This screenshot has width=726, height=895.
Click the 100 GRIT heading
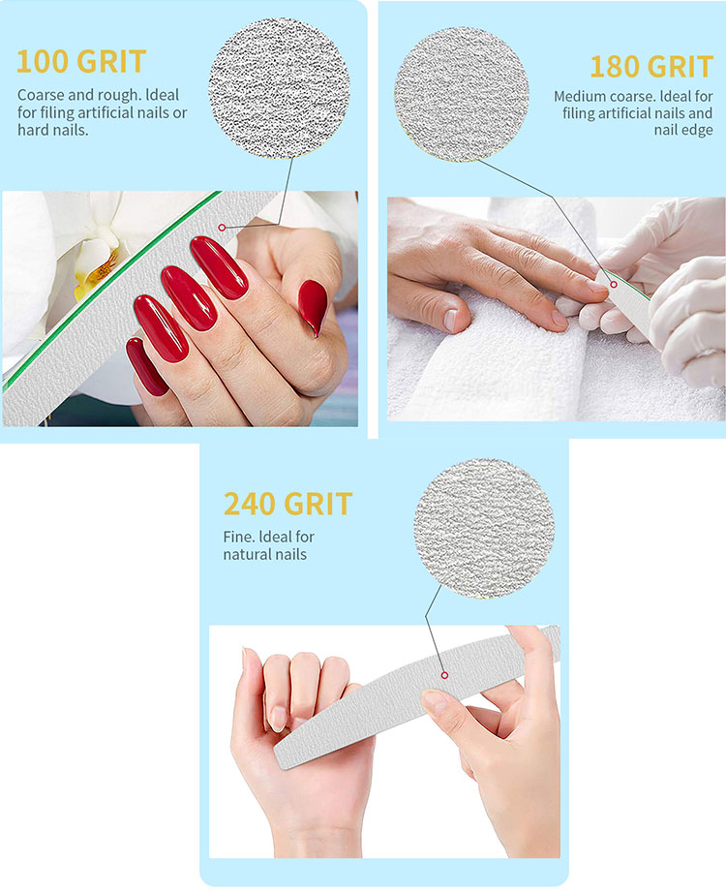point(80,61)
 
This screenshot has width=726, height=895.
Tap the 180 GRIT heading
point(650,67)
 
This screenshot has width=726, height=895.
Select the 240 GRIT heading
point(287,504)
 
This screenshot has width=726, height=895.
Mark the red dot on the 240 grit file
point(443,675)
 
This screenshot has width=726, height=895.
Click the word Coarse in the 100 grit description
point(43,95)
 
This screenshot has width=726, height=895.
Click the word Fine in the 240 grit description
point(240,537)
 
